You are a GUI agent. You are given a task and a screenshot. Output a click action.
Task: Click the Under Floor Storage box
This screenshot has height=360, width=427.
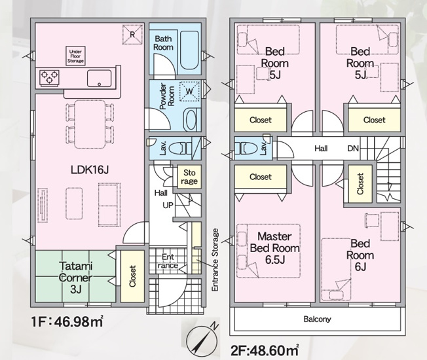(75, 56)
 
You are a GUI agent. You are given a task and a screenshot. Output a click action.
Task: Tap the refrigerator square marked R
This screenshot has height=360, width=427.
(132, 34)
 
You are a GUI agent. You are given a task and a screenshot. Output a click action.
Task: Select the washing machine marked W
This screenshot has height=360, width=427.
(189, 91)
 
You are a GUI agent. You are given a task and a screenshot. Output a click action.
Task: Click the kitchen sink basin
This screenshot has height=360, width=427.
(99, 79)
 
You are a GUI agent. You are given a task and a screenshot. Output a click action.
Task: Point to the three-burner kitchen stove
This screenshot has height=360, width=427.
(49, 77)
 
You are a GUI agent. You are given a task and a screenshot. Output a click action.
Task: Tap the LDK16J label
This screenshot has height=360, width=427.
(90, 170)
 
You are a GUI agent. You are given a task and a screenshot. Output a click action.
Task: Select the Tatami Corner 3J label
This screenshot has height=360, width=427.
(76, 278)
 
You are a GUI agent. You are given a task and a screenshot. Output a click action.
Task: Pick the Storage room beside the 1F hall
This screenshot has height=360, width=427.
(189, 177)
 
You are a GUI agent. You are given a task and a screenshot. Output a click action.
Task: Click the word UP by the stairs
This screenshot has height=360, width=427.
(168, 205)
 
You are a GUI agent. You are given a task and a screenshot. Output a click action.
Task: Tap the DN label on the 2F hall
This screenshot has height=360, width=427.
(353, 149)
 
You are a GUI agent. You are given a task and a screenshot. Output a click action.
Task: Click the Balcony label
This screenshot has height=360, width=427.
(317, 319)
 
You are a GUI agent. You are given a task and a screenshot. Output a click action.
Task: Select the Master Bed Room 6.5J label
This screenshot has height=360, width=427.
(274, 248)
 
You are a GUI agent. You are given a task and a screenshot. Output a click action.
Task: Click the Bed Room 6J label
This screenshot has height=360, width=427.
(360, 255)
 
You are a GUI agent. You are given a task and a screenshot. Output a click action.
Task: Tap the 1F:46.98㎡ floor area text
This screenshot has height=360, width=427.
(67, 322)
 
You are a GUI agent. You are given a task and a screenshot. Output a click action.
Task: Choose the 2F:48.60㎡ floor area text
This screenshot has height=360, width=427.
(265, 350)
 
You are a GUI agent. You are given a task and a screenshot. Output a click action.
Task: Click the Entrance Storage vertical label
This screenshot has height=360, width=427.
(215, 260)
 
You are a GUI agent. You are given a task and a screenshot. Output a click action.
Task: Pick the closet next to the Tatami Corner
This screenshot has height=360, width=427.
(132, 276)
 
